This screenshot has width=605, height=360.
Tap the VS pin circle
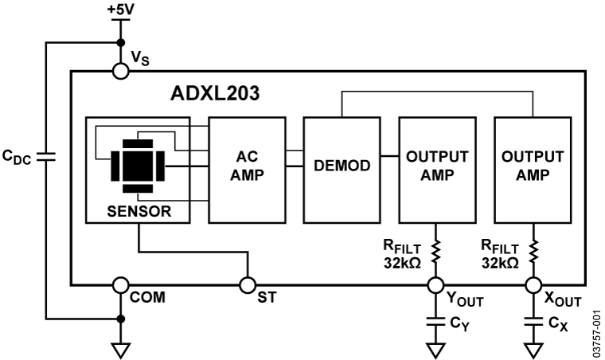click(x=121, y=72)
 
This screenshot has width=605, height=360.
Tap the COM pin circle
click(x=121, y=284)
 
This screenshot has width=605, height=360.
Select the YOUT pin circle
click(x=435, y=284)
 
